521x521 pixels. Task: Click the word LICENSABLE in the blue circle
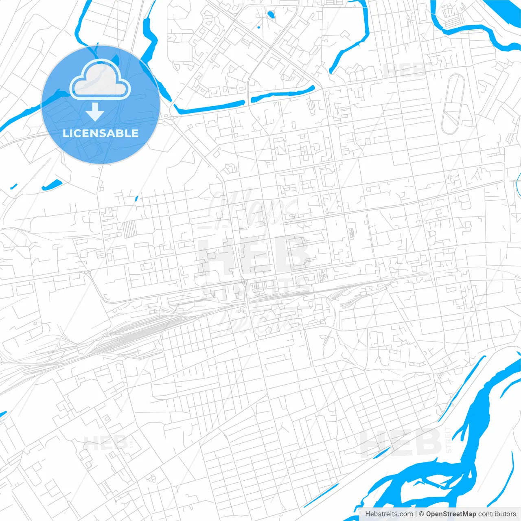click(101, 133)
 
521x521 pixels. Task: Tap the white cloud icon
click(100, 80)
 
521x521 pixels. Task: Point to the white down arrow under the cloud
click(95, 112)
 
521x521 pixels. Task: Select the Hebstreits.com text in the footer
click(389, 514)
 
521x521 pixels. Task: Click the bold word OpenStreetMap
click(451, 514)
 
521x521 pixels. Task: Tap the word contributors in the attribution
click(497, 514)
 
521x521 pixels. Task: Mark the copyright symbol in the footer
click(422, 514)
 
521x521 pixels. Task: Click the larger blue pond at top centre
click(271, 15)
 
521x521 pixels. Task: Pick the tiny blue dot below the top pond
click(259, 28)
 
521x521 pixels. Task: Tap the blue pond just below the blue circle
click(52, 185)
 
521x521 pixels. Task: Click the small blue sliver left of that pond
click(14, 186)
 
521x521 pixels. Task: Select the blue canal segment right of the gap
click(282, 94)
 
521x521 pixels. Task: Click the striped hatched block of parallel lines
click(129, 229)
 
